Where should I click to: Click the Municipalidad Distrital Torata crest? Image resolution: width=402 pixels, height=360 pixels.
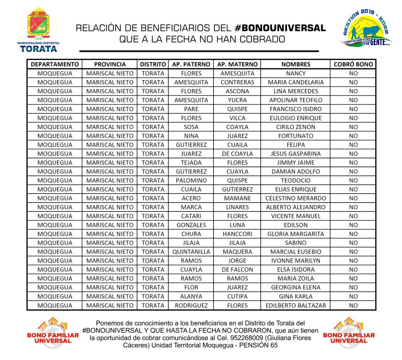pos(38,25)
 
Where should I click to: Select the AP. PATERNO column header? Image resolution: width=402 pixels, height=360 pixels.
pos(192,64)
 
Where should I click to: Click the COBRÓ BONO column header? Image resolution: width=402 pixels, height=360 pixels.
pos(353,64)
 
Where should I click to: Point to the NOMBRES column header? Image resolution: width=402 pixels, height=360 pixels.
pos(296,64)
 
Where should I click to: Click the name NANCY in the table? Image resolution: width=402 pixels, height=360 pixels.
pos(296,73)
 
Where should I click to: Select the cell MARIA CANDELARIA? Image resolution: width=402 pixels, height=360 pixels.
pos(296,82)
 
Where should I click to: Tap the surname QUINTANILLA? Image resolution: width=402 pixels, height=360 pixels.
pos(192,252)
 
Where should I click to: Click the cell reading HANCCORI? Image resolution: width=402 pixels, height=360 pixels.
pos(238,234)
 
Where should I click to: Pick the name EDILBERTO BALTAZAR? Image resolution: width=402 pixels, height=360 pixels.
pos(296,305)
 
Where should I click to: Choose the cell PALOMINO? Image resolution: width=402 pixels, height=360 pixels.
pos(192,181)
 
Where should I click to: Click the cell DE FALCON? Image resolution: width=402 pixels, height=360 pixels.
pos(238,270)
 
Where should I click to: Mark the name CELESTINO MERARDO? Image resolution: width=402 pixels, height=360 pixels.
pos(296,198)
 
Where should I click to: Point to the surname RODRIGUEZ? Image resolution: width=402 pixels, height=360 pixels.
pos(192,305)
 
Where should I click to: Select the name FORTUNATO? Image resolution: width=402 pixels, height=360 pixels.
pos(296,136)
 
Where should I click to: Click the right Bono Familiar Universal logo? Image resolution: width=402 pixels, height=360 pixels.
pos(349,333)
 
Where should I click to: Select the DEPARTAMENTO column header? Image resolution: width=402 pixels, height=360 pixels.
pos(55,64)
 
